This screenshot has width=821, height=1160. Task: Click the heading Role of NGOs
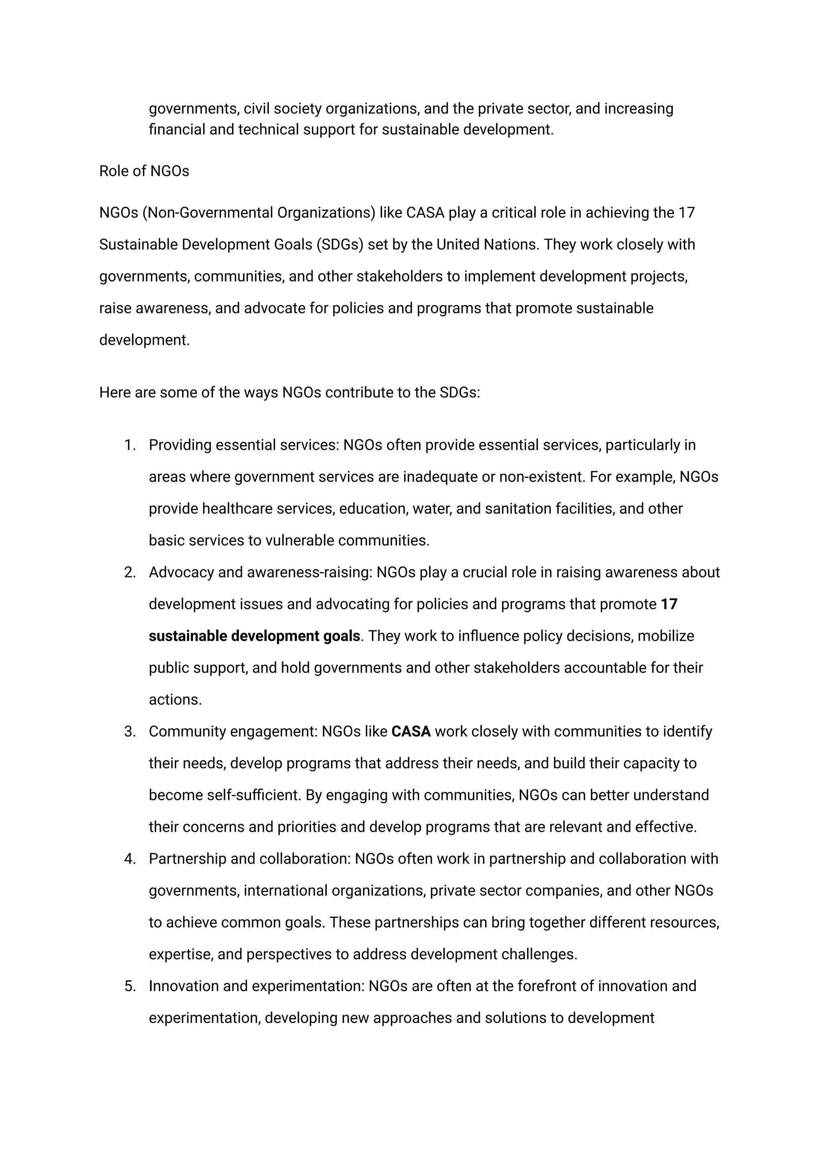coord(144,172)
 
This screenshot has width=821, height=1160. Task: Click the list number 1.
coord(130,445)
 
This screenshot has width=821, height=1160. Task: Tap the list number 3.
coord(130,732)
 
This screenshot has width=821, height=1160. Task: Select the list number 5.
coord(130,986)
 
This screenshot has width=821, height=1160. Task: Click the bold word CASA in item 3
coord(411,732)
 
